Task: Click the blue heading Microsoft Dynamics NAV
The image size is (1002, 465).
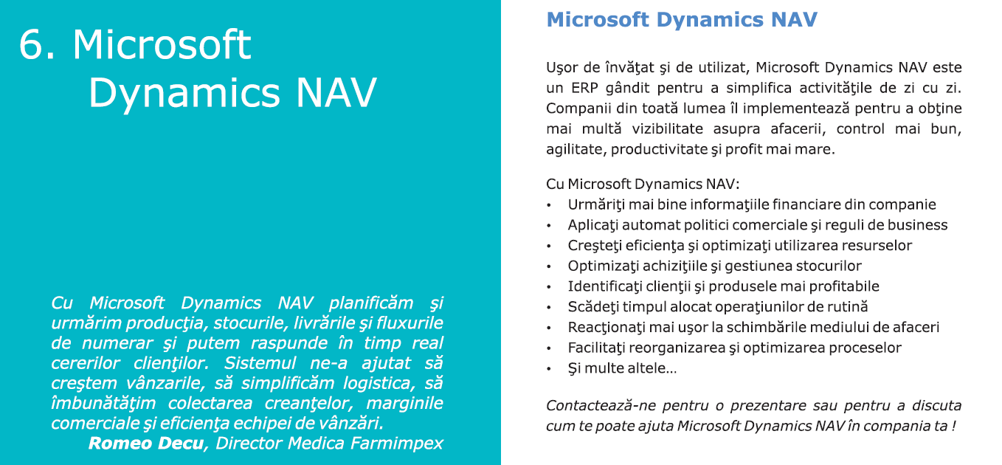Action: (x=682, y=20)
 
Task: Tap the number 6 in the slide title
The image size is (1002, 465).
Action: (x=31, y=44)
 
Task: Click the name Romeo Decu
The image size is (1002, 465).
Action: (x=146, y=443)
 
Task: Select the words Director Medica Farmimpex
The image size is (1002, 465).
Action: (x=329, y=443)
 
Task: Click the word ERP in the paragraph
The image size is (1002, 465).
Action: (x=584, y=88)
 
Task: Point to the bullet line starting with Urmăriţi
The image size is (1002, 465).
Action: (x=752, y=204)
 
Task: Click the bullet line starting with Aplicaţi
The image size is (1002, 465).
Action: (x=758, y=225)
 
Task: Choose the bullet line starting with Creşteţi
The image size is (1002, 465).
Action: (x=740, y=246)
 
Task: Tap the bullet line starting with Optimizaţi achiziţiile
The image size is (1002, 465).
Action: (x=715, y=266)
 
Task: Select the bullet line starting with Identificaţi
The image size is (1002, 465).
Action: (x=724, y=286)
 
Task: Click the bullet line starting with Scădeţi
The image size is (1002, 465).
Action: (x=718, y=307)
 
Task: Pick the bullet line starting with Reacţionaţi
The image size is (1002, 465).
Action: (x=754, y=328)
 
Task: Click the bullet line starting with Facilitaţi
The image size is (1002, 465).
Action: (x=734, y=348)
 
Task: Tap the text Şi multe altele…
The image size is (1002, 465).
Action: (x=622, y=368)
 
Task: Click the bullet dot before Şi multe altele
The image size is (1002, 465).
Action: (x=549, y=369)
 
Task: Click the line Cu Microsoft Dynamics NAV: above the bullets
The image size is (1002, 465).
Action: (x=643, y=184)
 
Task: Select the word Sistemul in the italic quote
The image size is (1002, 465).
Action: (x=260, y=363)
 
